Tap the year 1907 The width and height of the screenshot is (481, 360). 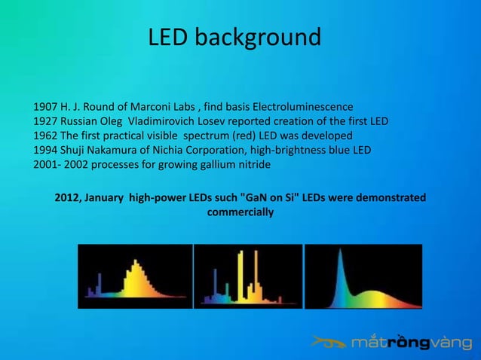tap(45, 106)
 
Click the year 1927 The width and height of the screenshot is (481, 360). tap(45, 121)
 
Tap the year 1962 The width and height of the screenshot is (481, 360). tap(45, 136)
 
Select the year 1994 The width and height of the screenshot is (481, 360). tap(45, 151)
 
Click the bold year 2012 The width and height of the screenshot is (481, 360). tap(68, 198)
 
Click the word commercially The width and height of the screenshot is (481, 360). tap(240, 212)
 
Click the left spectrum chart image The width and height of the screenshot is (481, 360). tap(134, 276)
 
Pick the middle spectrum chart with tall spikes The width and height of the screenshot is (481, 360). tap(247, 276)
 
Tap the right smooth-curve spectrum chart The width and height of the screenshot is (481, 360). tap(363, 276)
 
